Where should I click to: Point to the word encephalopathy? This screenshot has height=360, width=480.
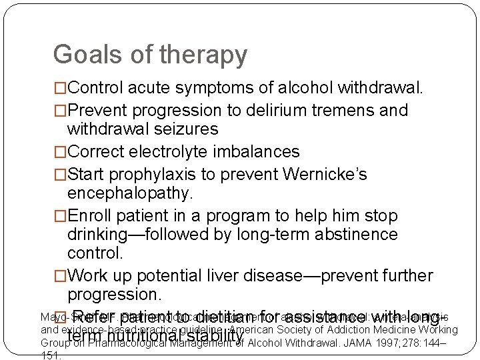click(x=129, y=193)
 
